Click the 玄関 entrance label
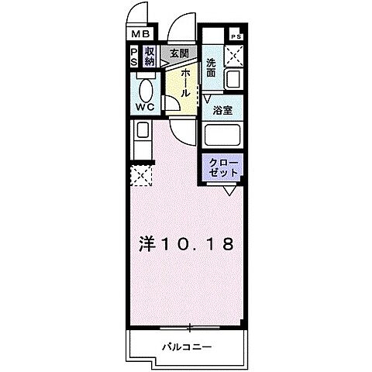click(x=179, y=53)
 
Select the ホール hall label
click(x=187, y=81)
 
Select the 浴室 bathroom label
click(x=224, y=111)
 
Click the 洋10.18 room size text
click(x=187, y=244)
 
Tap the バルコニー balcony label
click(x=187, y=346)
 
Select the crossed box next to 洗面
click(x=234, y=57)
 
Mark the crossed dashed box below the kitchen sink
click(x=142, y=175)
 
